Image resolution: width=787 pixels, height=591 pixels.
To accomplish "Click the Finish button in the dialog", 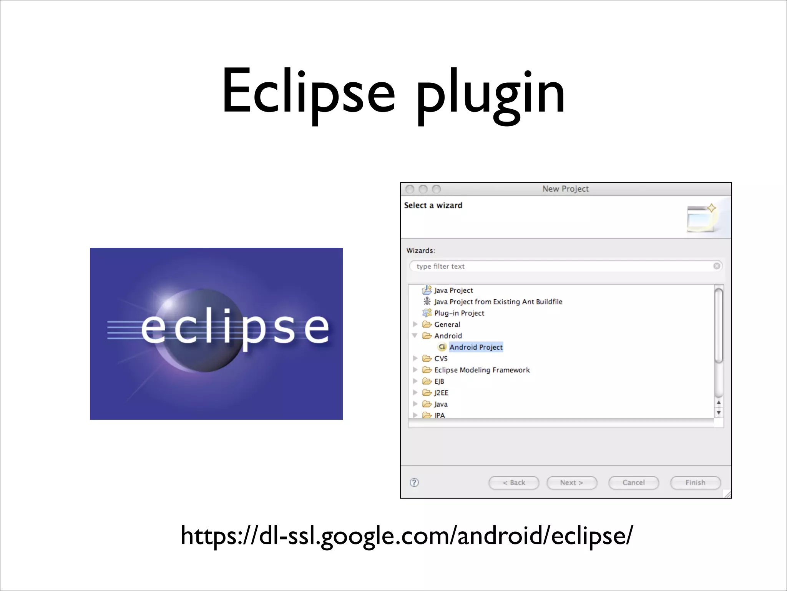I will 695,482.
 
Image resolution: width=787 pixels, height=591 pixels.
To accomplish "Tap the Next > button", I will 571,482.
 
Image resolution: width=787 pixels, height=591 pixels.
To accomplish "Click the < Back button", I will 514,482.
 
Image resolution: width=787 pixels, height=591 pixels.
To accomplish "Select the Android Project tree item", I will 476,347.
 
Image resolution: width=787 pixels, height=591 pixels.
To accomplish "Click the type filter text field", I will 561,266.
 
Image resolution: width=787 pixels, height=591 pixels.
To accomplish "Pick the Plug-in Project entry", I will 459,313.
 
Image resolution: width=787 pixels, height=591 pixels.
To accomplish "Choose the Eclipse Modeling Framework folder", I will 481,370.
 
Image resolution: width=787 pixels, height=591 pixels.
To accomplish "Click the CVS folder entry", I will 440,359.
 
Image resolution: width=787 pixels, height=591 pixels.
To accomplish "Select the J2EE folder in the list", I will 441,393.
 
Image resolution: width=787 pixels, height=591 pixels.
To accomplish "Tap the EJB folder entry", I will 439,381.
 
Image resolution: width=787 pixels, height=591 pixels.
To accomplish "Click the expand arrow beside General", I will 415,324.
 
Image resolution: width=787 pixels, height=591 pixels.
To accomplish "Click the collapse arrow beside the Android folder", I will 415,336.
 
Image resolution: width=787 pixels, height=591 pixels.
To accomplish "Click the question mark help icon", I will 414,482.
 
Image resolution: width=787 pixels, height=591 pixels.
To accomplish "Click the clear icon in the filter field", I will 717,266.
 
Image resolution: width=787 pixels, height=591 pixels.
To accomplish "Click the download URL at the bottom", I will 407,536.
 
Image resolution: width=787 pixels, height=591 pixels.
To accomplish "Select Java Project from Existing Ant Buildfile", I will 498,302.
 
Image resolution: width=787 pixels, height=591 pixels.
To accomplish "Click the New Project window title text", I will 565,189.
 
